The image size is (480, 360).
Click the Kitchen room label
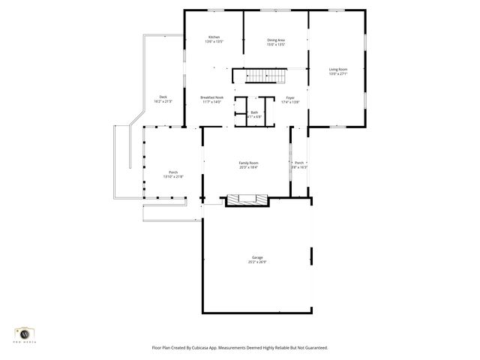point(214,37)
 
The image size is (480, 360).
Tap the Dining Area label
point(276,40)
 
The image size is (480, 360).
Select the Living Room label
point(337,70)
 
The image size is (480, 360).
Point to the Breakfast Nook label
point(212,97)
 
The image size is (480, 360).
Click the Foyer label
point(289,97)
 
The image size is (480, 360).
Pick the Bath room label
point(254,112)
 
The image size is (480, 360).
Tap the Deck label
point(163,97)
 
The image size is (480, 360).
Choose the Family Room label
point(248,163)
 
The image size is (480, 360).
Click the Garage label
point(257,257)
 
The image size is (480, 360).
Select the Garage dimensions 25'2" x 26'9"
point(257,262)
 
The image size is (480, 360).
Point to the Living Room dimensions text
point(337,74)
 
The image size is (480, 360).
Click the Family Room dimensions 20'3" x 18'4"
point(248,167)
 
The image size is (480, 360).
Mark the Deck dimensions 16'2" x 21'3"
point(163,102)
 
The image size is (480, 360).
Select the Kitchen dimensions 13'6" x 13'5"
point(214,42)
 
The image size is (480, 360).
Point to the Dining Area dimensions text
point(276,44)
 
